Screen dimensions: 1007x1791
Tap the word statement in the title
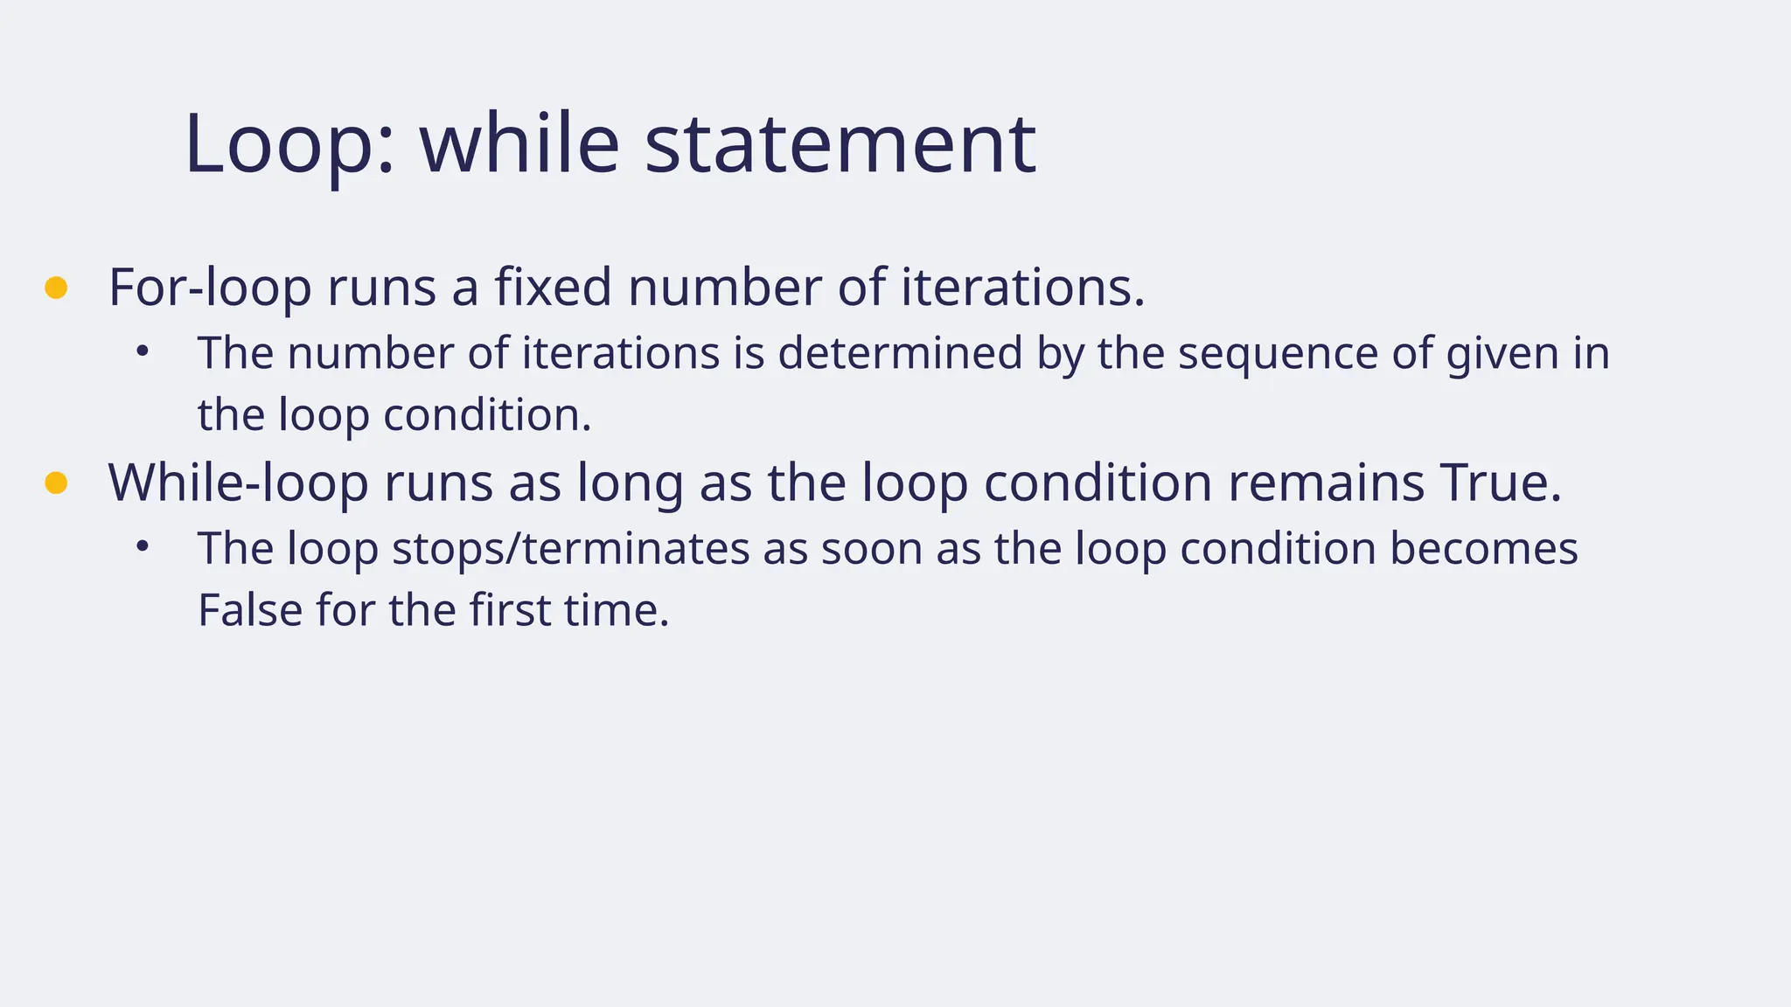(840, 143)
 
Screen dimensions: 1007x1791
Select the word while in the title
(519, 143)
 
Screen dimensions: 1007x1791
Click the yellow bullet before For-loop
(56, 288)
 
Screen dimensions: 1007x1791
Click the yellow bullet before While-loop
(56, 483)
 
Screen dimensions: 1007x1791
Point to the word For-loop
(209, 288)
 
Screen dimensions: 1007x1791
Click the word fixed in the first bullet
(553, 288)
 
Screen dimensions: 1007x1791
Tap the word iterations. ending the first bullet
(1022, 288)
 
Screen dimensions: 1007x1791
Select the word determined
(900, 354)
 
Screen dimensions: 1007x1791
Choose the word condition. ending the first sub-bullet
(487, 415)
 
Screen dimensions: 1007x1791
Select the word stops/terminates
(570, 549)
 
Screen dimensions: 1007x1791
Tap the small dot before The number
(143, 352)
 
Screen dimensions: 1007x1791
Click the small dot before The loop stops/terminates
(143, 547)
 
